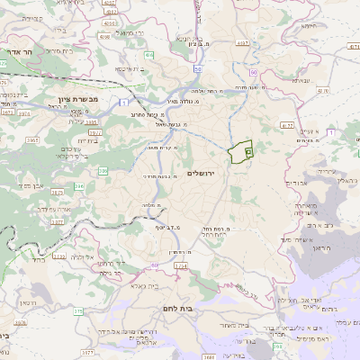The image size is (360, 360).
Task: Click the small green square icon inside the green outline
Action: pos(247,155)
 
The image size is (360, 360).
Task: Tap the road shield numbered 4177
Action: pos(286,125)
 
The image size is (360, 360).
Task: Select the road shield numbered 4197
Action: pos(242,41)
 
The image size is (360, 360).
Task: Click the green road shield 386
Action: pos(103,170)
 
